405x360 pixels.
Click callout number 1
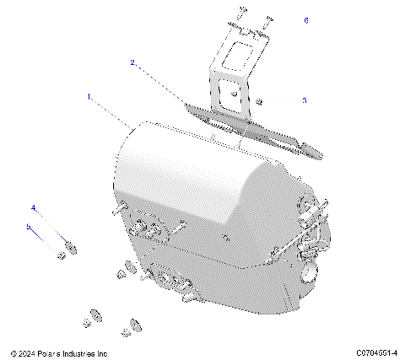[x=89, y=98]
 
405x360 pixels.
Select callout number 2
[x=132, y=62]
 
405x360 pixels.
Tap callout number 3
[x=305, y=100]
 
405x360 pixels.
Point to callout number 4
[x=34, y=207]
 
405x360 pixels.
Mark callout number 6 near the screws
[x=305, y=19]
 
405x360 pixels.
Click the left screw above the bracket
[x=240, y=11]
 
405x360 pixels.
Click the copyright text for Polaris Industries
[x=58, y=353]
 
